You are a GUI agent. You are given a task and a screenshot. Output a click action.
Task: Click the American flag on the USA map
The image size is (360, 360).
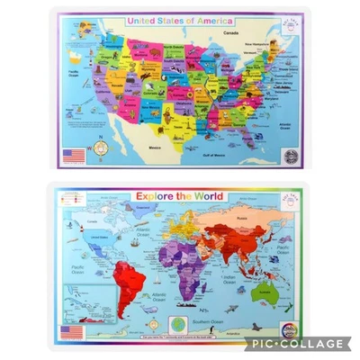(75, 154)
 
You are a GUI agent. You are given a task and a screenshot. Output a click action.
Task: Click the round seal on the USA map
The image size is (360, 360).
(288, 154)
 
